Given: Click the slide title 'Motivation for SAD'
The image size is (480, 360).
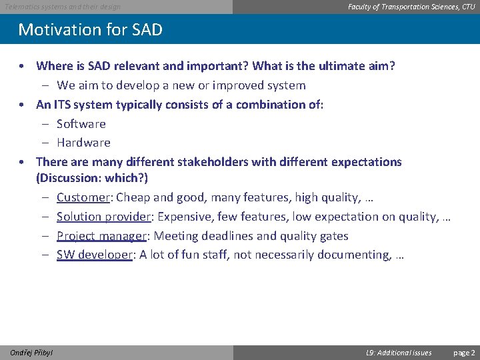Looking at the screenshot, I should (90, 30).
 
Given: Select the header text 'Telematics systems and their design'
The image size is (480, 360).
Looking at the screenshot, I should (63, 7).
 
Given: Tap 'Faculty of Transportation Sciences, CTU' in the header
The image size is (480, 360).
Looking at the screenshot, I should (411, 7).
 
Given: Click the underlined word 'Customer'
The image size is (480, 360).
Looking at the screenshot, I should (83, 197).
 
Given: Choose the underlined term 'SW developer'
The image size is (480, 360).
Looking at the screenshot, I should (94, 255).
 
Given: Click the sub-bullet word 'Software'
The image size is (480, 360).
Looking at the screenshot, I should (81, 124).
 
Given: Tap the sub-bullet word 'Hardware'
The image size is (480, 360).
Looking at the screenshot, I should (83, 143).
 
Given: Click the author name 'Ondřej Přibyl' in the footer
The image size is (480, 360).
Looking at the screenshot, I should (32, 353).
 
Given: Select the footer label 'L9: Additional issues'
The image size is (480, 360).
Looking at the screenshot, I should (399, 353).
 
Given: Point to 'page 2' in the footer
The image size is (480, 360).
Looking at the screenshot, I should (464, 353).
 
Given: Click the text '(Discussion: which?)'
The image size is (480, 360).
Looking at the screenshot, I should (92, 178).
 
